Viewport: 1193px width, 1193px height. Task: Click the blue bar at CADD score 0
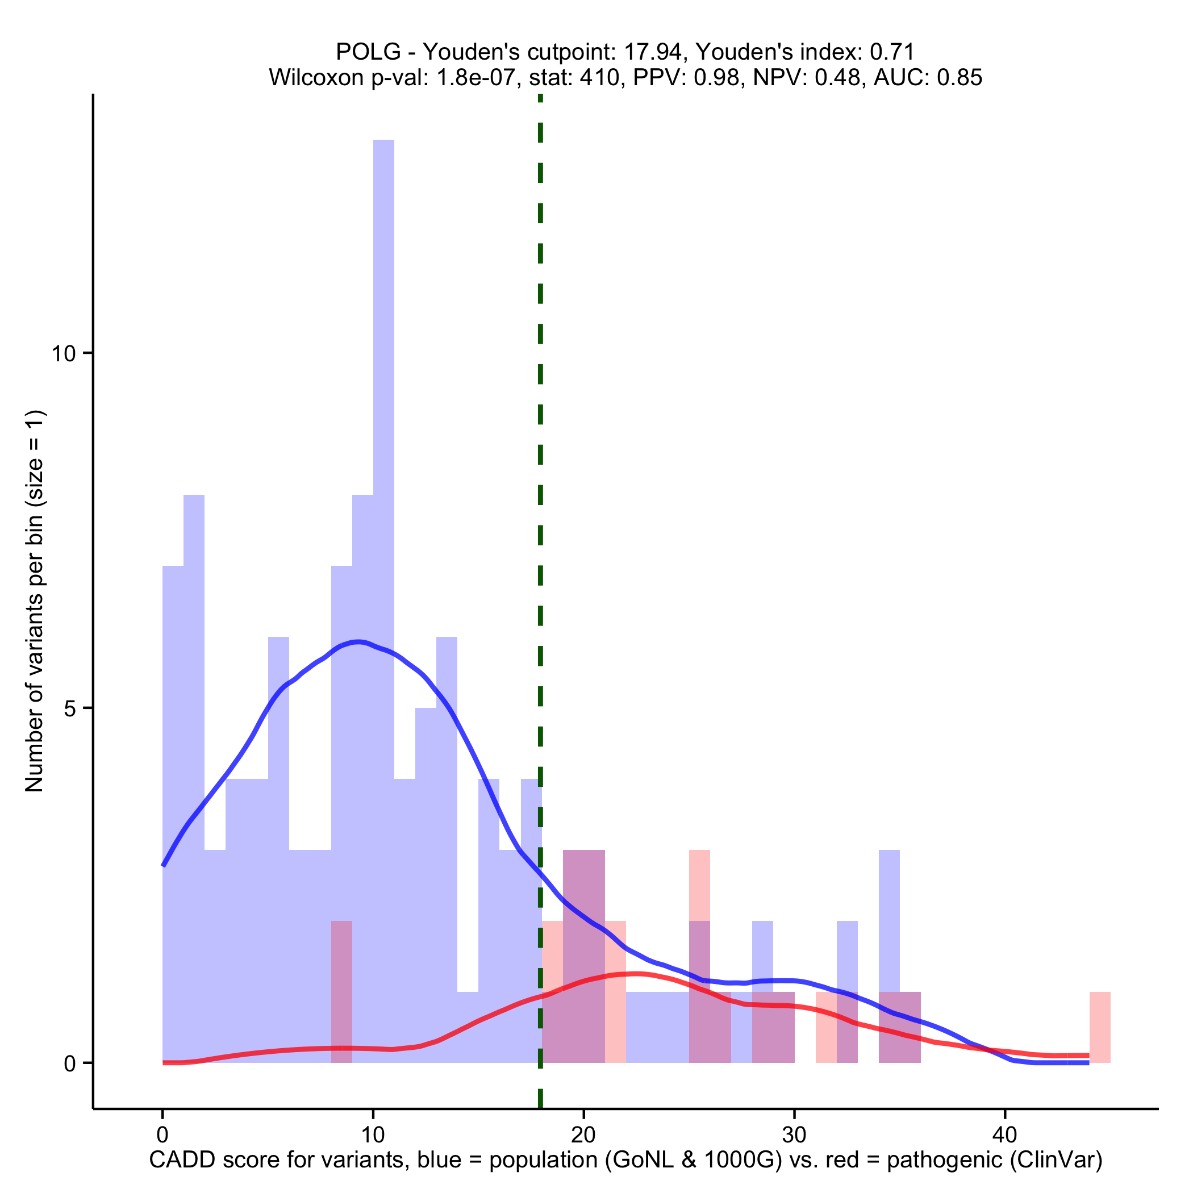pos(173,803)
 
